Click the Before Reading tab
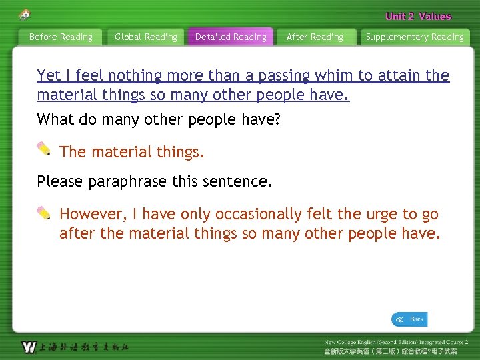click(61, 37)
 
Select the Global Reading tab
click(146, 37)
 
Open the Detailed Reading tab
click(231, 37)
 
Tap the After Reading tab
click(315, 37)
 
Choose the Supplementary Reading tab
click(415, 37)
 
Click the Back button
click(409, 319)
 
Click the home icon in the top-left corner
click(25, 15)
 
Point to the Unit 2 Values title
click(418, 17)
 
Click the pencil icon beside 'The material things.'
click(44, 149)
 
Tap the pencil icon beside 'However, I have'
click(44, 213)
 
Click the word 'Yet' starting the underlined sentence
click(49, 76)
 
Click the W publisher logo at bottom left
click(29, 347)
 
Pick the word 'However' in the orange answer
click(91, 215)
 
